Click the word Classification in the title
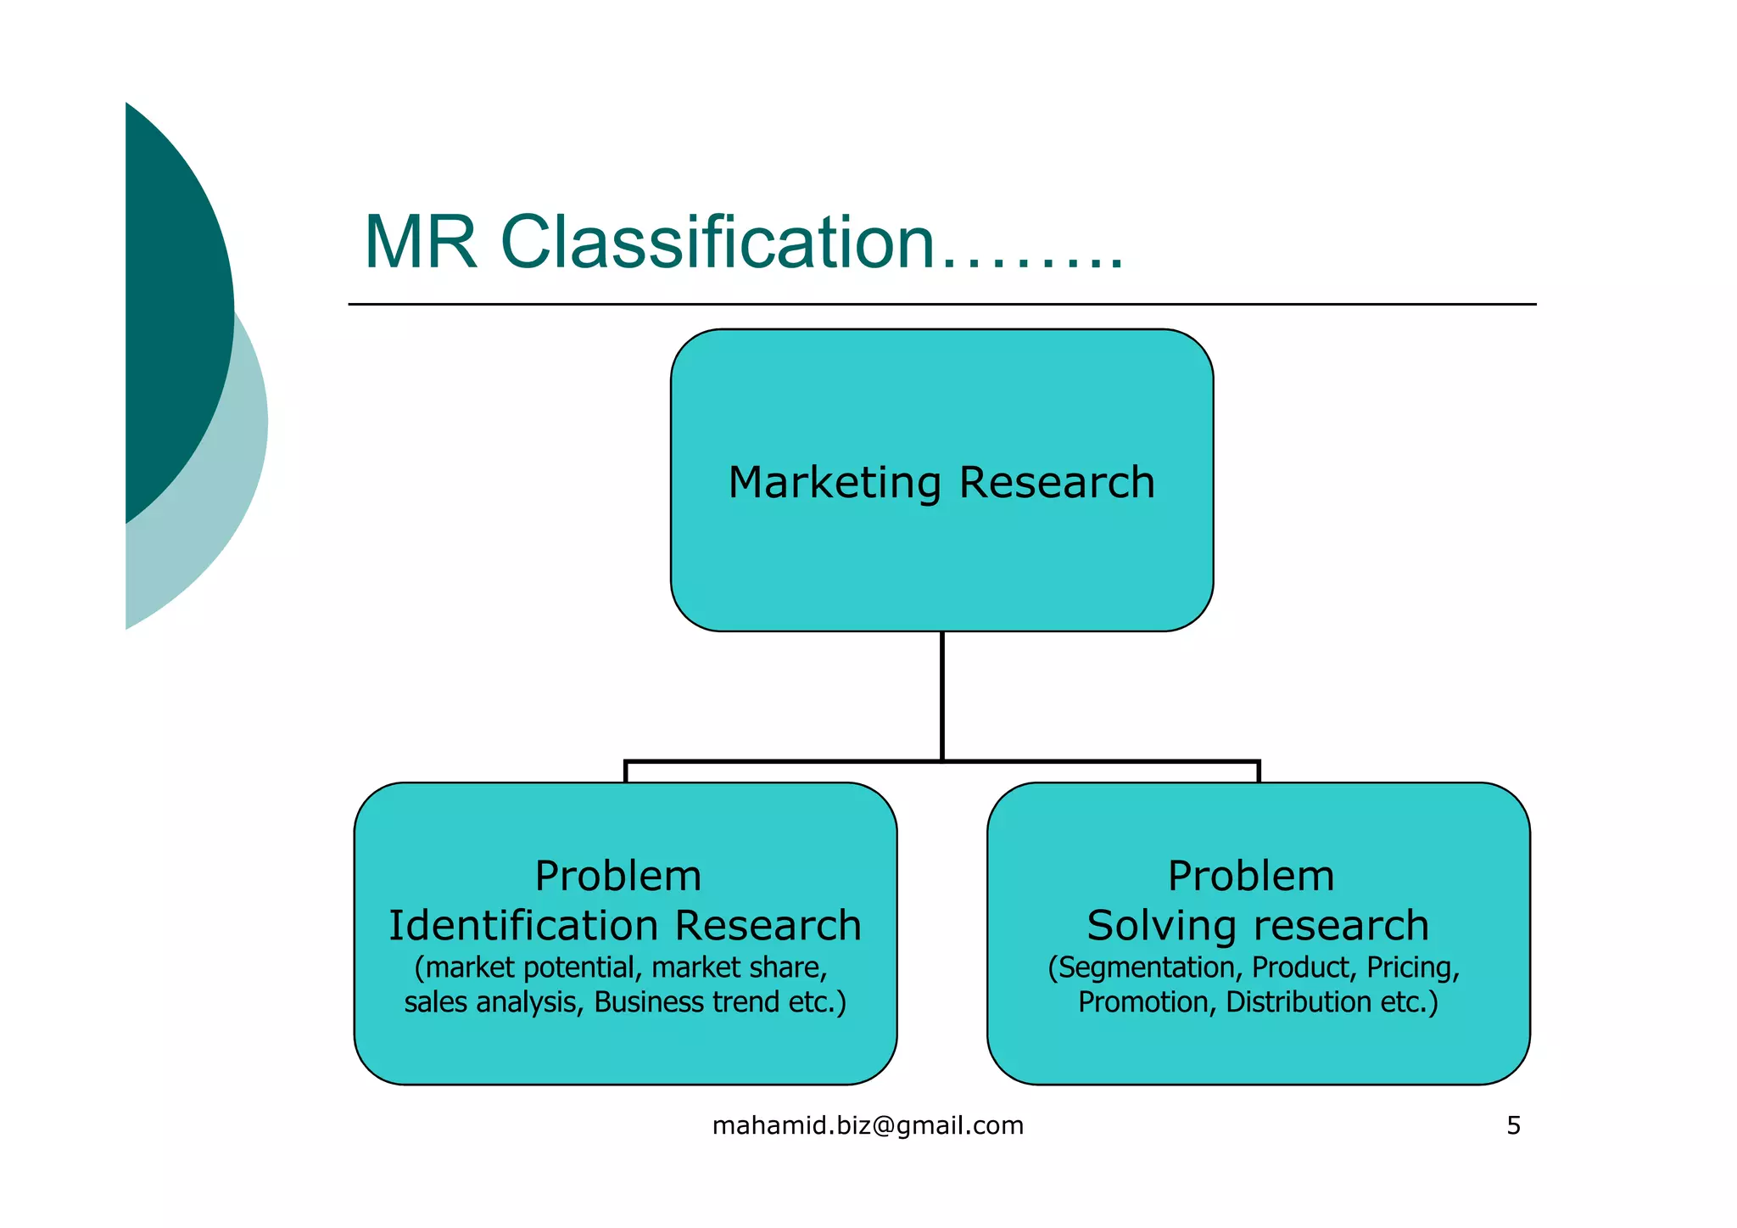[x=717, y=243]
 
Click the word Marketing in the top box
[x=835, y=483]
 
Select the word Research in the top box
[x=1057, y=483]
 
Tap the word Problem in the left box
[x=618, y=876]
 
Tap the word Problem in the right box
[x=1251, y=876]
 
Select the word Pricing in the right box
[x=1412, y=967]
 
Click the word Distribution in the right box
[x=1299, y=1002]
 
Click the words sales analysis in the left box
[x=493, y=1002]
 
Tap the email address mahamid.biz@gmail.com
[x=868, y=1126]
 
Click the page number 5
[x=1513, y=1126]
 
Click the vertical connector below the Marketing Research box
[x=942, y=696]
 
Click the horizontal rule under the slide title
[x=941, y=304]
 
